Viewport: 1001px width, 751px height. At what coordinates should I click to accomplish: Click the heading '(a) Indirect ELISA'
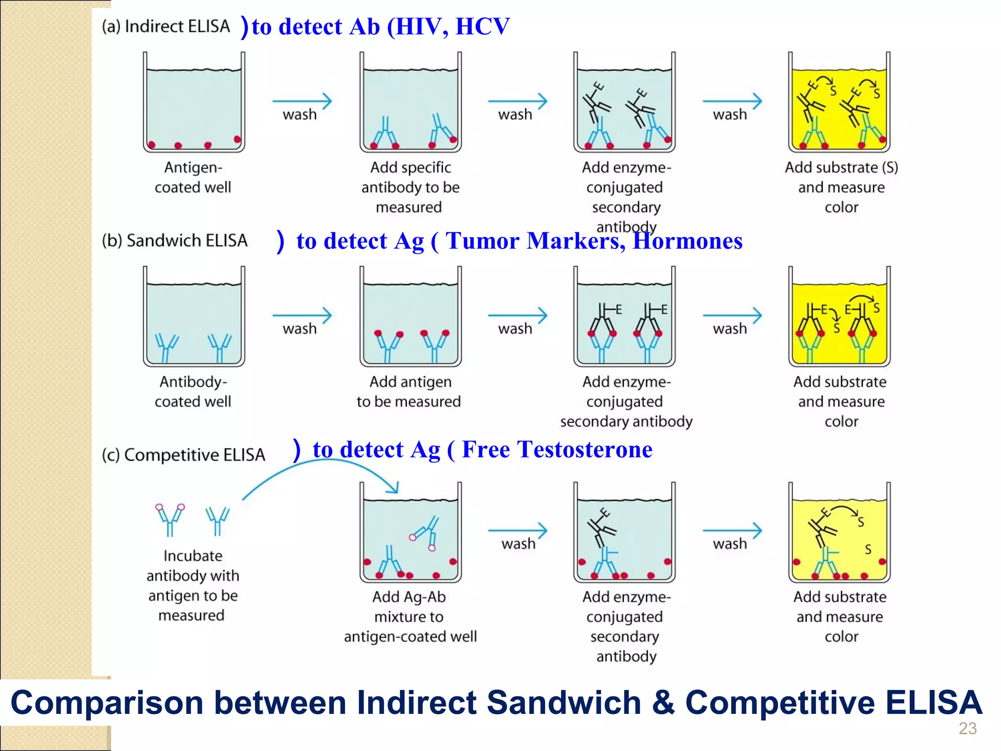point(165,26)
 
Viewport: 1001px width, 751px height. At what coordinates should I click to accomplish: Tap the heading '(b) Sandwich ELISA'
point(174,241)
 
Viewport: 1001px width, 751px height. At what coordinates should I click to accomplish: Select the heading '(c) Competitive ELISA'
point(183,455)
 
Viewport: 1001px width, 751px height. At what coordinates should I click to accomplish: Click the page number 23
point(967,729)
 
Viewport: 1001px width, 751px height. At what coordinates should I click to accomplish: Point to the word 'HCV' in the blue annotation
point(482,26)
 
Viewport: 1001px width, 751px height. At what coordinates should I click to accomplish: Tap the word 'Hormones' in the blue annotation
point(687,241)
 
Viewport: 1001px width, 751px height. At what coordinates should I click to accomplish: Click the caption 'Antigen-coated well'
point(193,177)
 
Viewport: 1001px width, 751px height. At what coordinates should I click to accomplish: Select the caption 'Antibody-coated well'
point(193,392)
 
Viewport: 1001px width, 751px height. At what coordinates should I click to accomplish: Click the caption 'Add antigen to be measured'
point(409,392)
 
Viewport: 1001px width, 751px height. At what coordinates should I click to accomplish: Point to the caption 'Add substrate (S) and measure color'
point(841,187)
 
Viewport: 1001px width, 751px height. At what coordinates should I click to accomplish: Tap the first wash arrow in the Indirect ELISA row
point(302,102)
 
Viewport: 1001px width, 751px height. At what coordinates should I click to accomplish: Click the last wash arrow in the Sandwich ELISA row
point(732,316)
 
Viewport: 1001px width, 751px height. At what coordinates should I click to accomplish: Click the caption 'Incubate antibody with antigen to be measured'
point(193,585)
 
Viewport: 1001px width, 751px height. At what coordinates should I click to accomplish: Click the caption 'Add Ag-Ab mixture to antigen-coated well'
point(410,617)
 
